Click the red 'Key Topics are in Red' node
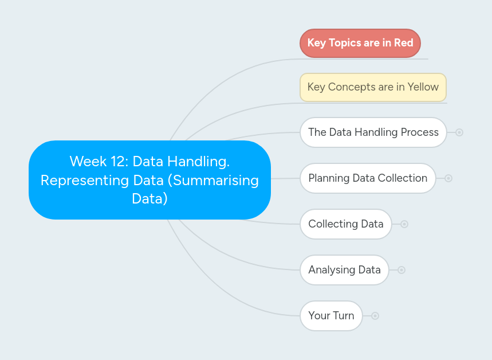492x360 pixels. click(360, 43)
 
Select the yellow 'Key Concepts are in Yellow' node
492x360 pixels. click(373, 87)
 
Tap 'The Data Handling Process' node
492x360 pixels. click(373, 132)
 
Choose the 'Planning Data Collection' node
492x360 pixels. click(368, 178)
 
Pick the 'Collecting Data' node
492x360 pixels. click(345, 224)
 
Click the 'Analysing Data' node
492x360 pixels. click(344, 270)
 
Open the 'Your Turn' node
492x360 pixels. click(331, 316)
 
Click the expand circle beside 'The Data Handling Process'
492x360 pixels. click(459, 132)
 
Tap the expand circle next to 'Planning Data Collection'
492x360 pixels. click(448, 178)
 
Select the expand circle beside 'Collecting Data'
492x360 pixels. click(404, 224)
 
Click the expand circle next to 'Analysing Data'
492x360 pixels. click(402, 270)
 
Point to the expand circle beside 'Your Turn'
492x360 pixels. click(375, 316)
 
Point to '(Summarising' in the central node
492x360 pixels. click(215, 180)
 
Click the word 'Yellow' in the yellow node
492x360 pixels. click(423, 87)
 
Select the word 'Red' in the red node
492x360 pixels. click(403, 43)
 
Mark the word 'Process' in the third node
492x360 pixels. click(420, 132)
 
